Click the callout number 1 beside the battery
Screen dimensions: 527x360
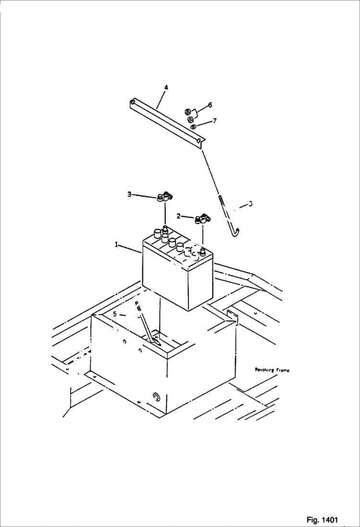click(x=116, y=245)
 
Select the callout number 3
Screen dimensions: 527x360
click(x=129, y=194)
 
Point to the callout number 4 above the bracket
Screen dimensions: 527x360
click(x=166, y=87)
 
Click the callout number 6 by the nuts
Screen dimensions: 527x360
click(x=210, y=105)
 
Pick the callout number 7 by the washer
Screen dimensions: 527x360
click(x=214, y=121)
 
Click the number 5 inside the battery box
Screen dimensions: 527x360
click(x=115, y=314)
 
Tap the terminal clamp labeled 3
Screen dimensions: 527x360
click(x=165, y=196)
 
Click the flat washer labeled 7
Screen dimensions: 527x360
click(x=193, y=126)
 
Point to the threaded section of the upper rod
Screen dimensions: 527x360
click(x=223, y=199)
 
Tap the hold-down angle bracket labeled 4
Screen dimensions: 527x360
click(x=166, y=121)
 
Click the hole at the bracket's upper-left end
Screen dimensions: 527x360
click(x=132, y=102)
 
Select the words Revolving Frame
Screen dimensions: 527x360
click(x=272, y=370)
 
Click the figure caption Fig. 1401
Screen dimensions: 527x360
click(x=322, y=520)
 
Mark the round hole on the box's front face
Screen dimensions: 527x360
click(x=156, y=396)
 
